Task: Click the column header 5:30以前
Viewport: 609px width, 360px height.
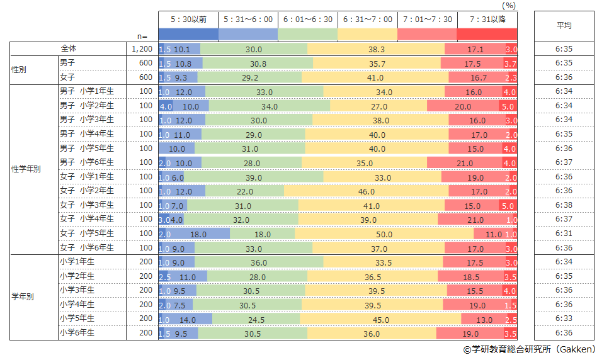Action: coord(188,20)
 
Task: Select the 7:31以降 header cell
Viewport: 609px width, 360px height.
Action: coord(487,20)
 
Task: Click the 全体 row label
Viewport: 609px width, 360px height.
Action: coord(68,49)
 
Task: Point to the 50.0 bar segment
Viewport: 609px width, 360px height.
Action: coord(384,234)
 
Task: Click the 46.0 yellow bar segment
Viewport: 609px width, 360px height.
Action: coord(366,191)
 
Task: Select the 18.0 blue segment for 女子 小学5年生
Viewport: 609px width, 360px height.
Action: coord(199,234)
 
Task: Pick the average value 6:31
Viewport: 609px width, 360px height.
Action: coord(564,234)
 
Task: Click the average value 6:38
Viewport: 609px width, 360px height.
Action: coord(564,205)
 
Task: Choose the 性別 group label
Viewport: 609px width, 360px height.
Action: coord(21,70)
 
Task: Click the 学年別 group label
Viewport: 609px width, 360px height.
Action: coord(23,298)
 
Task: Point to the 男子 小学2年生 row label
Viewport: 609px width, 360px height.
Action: coord(87,106)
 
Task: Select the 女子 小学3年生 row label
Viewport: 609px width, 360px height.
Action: coord(87,205)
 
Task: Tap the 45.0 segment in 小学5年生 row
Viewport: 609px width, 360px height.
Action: coord(380,319)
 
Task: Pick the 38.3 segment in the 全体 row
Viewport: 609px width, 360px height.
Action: coord(376,49)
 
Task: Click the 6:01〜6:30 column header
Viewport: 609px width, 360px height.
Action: coord(308,20)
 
